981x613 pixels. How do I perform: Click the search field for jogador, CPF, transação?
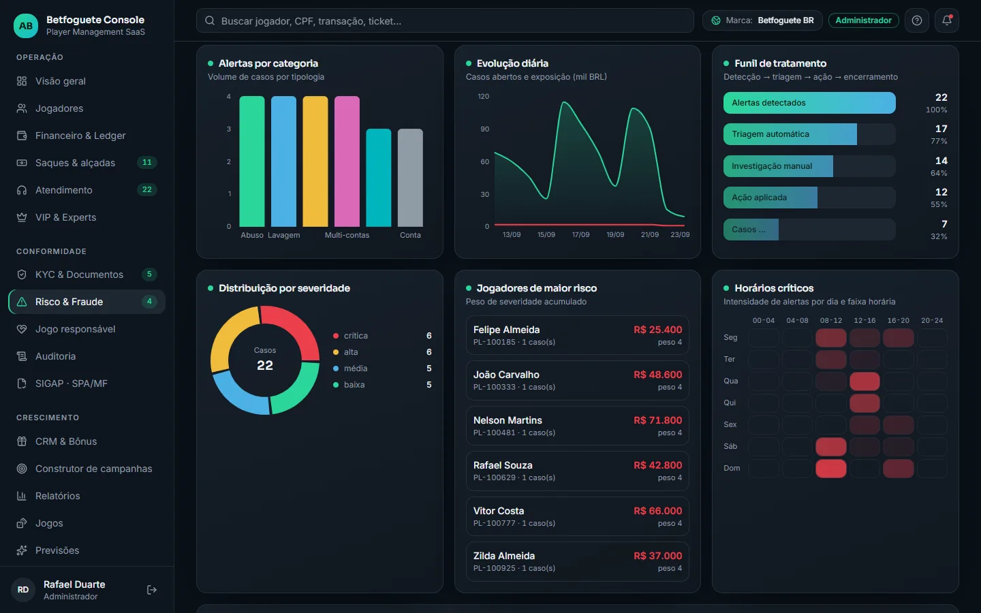tap(444, 20)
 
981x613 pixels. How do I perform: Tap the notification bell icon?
tap(946, 20)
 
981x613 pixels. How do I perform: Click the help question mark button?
tap(917, 20)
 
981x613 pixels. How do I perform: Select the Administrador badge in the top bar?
tap(863, 20)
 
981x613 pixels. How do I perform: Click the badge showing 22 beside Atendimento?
tap(146, 189)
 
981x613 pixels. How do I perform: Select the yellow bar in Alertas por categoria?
tap(315, 161)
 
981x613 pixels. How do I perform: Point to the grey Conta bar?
tap(410, 177)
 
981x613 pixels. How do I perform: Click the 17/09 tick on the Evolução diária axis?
tap(580, 235)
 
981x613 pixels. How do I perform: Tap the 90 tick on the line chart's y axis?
tap(484, 129)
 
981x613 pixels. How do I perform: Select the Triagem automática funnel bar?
tap(790, 134)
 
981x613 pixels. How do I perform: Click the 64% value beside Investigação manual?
tap(939, 173)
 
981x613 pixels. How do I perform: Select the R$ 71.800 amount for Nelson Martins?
tap(657, 420)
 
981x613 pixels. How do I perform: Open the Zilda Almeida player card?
tap(577, 561)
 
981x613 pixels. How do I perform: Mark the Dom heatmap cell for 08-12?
tap(831, 469)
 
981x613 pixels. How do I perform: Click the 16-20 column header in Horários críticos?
tap(898, 321)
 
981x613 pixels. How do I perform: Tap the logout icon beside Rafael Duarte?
tap(151, 590)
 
